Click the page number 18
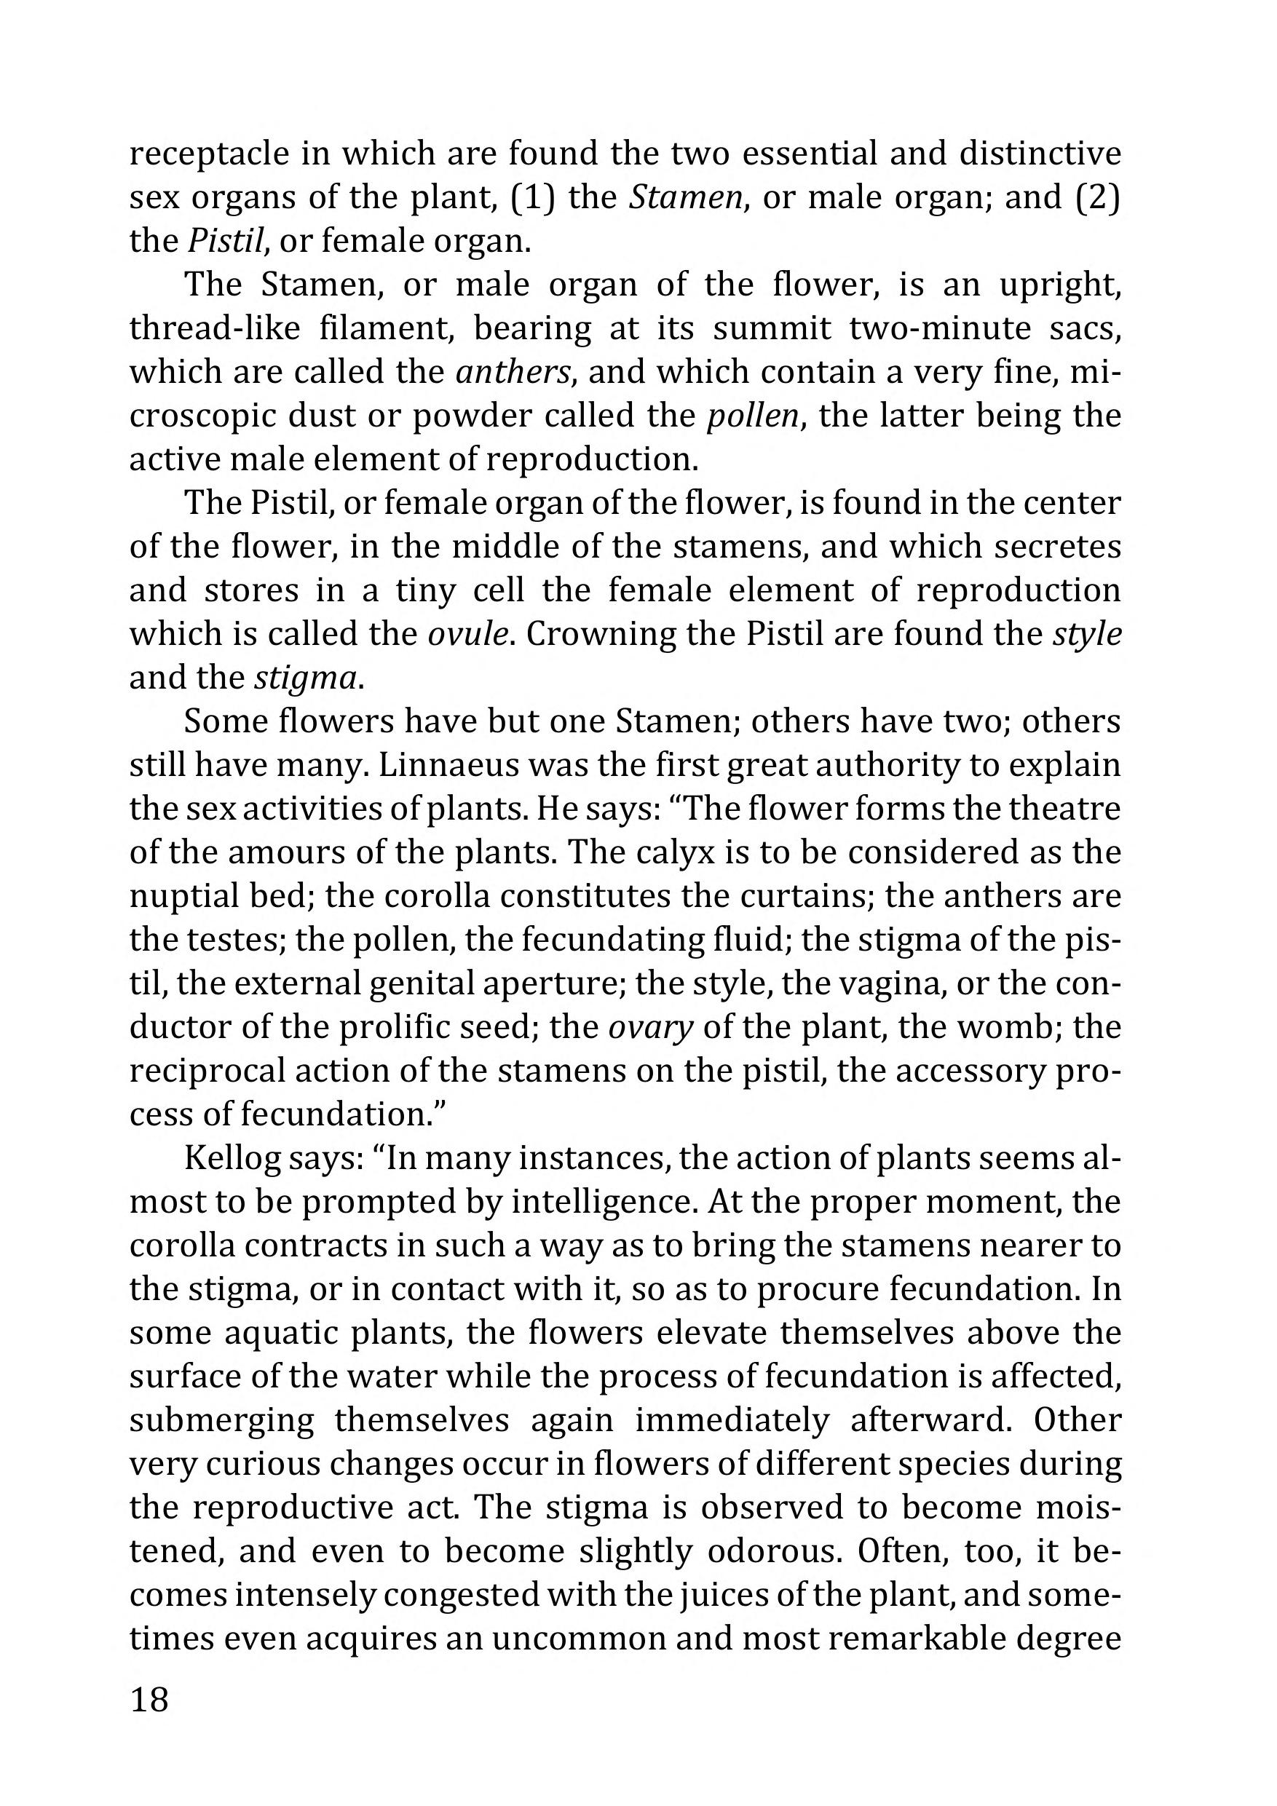pos(149,1699)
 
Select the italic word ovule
pos(468,634)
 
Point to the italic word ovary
pos(651,1027)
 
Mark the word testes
pos(206,940)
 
